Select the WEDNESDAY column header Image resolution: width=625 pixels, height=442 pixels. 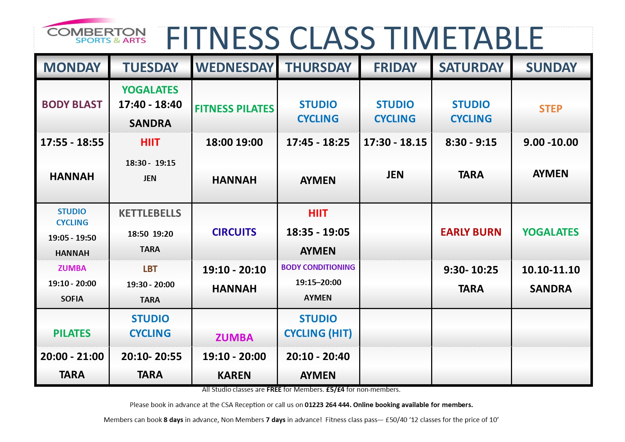234,67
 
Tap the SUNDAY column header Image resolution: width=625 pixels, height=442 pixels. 551,67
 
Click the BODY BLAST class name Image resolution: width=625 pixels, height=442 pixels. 72,104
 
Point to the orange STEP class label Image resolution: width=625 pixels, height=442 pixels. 551,109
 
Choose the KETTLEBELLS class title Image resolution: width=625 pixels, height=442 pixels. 150,213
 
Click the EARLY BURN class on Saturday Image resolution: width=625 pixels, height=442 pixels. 471,232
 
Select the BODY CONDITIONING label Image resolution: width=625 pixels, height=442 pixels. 318,267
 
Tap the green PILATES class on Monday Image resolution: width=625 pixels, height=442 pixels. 72,333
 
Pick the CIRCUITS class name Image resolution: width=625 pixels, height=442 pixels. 234,232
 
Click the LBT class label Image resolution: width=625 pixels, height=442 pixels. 150,269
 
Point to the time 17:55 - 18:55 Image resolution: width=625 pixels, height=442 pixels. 72,142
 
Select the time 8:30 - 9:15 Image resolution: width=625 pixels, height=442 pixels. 471,142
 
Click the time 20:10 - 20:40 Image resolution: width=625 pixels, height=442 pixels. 318,356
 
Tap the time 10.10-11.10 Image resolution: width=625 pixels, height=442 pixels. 551,270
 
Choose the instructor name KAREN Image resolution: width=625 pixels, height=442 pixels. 234,375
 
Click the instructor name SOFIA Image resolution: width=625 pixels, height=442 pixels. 72,299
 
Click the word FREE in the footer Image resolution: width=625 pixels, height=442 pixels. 274,390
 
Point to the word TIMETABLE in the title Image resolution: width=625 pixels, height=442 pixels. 465,38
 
